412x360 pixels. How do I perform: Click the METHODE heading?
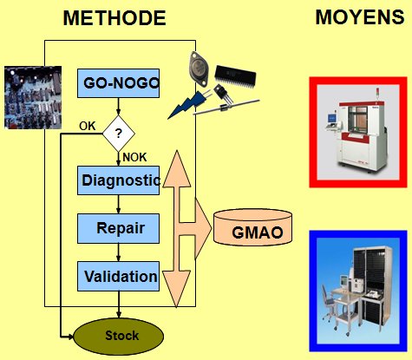click(114, 18)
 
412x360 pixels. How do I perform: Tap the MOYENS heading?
click(360, 16)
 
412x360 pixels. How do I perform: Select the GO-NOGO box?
click(118, 83)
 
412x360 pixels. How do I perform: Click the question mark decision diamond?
click(119, 134)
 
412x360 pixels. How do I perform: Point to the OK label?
click(88, 126)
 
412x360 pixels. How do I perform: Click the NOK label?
click(134, 157)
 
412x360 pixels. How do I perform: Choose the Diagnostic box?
click(118, 180)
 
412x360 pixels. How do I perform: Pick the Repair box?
click(118, 228)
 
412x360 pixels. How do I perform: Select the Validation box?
click(118, 277)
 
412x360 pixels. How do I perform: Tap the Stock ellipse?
click(119, 337)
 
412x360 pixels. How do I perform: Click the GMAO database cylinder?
click(252, 227)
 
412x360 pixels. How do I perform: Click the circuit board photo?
click(33, 97)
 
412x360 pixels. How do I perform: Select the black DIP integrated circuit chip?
click(235, 75)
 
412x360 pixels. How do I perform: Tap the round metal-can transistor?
click(199, 69)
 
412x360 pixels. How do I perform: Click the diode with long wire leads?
click(226, 108)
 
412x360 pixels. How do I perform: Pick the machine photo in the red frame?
click(358, 133)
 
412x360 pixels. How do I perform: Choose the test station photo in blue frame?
click(358, 291)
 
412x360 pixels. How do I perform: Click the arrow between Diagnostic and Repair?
click(118, 205)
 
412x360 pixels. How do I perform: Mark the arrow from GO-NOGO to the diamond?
click(118, 107)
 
